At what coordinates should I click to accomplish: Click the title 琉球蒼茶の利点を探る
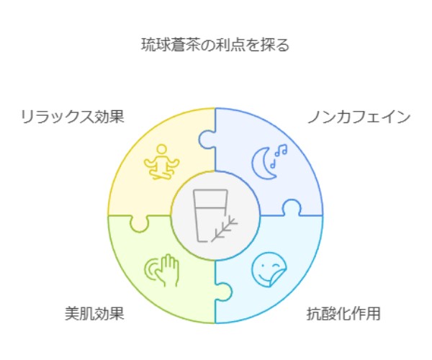[x=215, y=45]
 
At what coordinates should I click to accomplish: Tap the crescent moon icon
[x=263, y=164]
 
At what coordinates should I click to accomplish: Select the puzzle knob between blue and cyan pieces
[x=291, y=209]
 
